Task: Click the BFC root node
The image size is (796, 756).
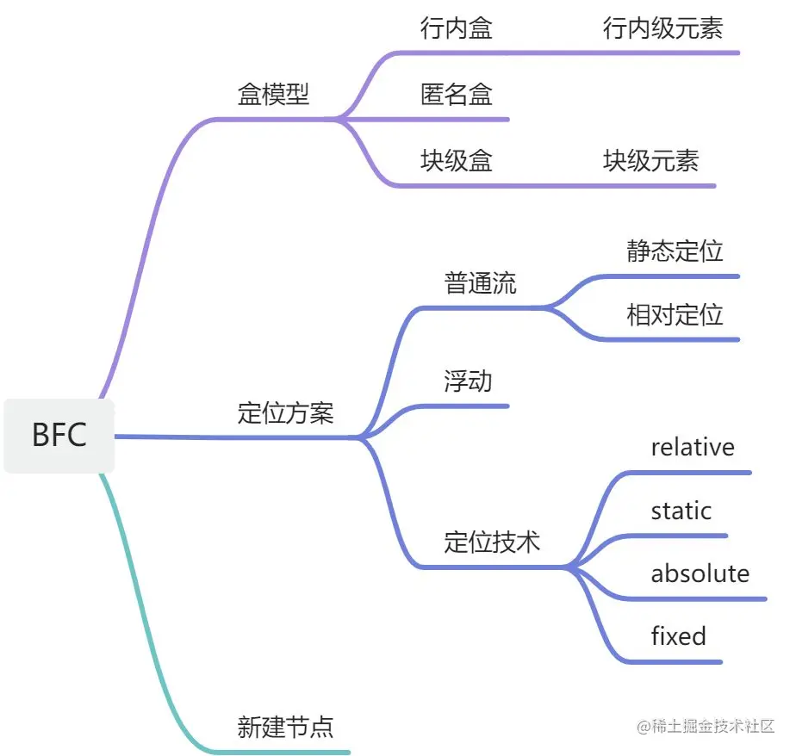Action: click(x=59, y=435)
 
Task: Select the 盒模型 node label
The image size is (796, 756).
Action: click(x=273, y=94)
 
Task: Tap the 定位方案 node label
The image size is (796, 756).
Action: click(x=285, y=413)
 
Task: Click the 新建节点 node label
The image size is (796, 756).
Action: click(x=285, y=728)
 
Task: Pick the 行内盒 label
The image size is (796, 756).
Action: click(x=457, y=28)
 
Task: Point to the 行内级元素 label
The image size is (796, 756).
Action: click(x=662, y=28)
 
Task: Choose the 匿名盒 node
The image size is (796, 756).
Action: click(x=457, y=94)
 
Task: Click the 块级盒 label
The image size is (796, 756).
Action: click(x=457, y=160)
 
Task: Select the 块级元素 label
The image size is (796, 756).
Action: click(x=650, y=160)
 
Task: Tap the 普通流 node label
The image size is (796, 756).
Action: click(x=481, y=283)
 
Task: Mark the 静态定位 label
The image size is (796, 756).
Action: click(x=675, y=251)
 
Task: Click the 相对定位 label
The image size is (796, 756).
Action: click(x=675, y=315)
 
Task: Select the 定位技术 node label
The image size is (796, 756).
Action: click(x=493, y=542)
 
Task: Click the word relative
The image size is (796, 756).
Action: click(x=693, y=447)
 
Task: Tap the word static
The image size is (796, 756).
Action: click(x=681, y=511)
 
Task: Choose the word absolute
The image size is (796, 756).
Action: click(x=700, y=573)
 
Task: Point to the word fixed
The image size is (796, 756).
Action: click(x=678, y=636)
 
